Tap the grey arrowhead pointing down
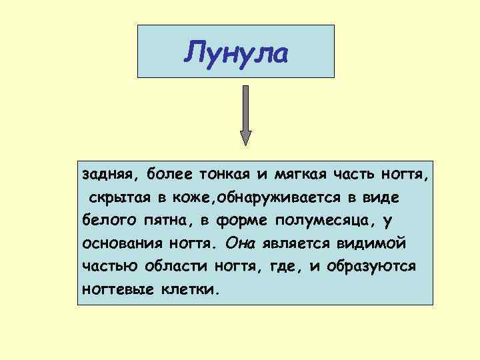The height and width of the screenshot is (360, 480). pos(246,137)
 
